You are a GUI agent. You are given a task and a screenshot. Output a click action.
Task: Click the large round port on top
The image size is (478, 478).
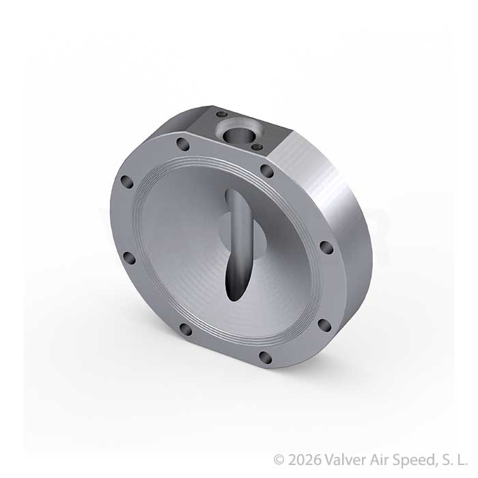coord(239,133)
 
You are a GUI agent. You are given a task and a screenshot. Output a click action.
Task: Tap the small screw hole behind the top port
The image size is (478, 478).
coord(222,114)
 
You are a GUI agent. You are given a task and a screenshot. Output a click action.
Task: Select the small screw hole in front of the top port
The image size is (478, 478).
coord(257,148)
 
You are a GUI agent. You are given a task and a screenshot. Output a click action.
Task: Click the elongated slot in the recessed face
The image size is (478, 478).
coord(239,244)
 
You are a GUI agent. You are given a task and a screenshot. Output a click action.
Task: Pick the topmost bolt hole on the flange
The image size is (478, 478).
coord(183,144)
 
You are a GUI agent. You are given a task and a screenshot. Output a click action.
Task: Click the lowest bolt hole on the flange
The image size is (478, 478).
coord(265,357)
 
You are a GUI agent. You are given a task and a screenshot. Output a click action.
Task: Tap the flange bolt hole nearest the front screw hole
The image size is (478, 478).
coord(268,171)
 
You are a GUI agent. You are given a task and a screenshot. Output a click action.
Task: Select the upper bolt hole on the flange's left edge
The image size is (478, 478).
coord(127,182)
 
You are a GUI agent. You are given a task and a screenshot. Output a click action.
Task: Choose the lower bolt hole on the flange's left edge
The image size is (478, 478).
coord(128,258)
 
